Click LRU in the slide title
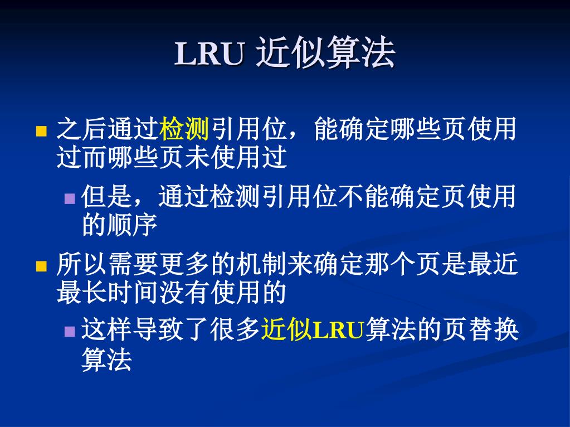click(x=209, y=54)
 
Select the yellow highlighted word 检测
click(x=184, y=129)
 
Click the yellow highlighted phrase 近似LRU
click(x=313, y=329)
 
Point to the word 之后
click(x=82, y=129)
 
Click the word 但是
click(x=106, y=196)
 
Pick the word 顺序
click(x=132, y=225)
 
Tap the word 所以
click(x=82, y=263)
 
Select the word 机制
click(x=261, y=263)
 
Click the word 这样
click(x=106, y=329)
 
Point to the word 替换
click(x=493, y=329)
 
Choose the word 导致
click(x=158, y=329)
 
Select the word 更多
click(x=184, y=263)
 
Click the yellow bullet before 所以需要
click(x=41, y=266)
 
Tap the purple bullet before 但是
click(x=70, y=198)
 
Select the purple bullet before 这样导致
click(x=70, y=331)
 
